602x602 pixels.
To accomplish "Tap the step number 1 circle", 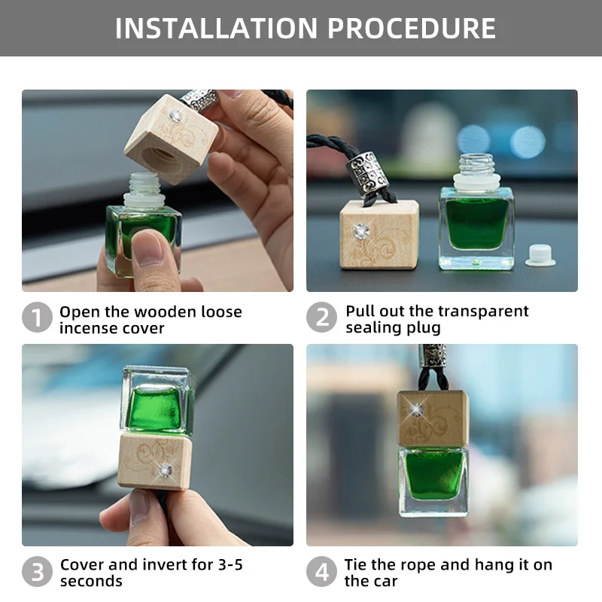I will pyautogui.click(x=37, y=319).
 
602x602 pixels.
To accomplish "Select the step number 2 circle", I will pyautogui.click(x=321, y=319).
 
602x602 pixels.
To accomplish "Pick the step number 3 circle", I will pyautogui.click(x=37, y=573).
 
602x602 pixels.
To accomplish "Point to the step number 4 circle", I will pyautogui.click(x=321, y=573).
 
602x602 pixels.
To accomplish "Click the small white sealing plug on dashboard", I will pyautogui.click(x=540, y=255).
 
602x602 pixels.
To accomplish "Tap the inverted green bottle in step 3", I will pyautogui.click(x=157, y=399).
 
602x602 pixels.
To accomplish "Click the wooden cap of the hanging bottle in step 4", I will pyautogui.click(x=433, y=418).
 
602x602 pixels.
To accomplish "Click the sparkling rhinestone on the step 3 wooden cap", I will pyautogui.click(x=166, y=470).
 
